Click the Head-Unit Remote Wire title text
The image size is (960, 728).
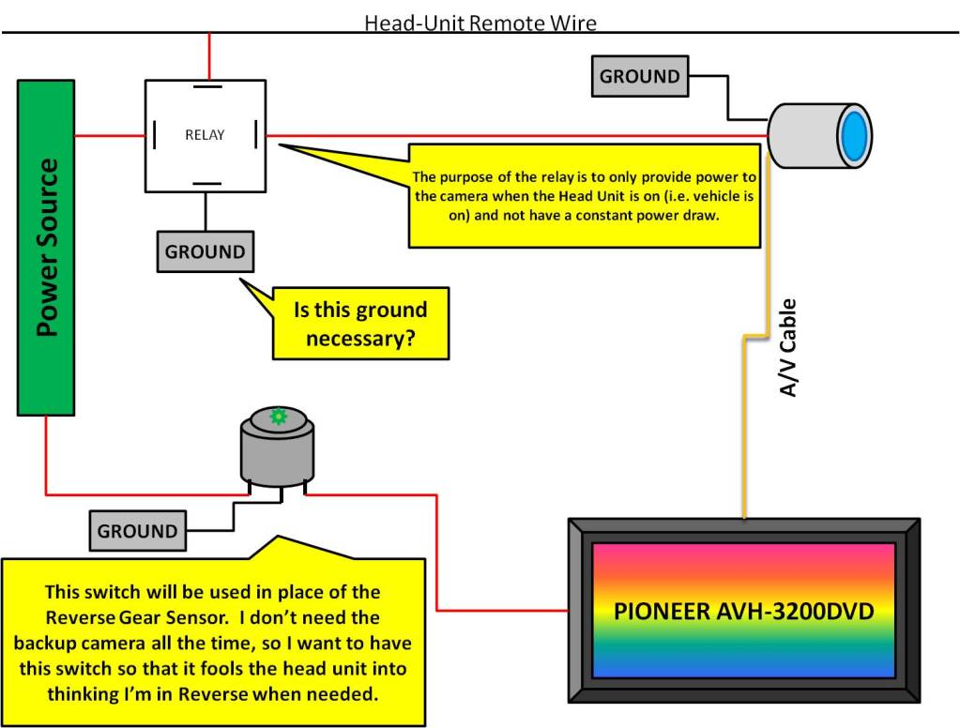(480, 22)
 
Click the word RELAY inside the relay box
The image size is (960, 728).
(205, 135)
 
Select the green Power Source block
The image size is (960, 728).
(46, 248)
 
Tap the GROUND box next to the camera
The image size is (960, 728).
(639, 77)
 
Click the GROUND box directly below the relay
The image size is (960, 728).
(205, 251)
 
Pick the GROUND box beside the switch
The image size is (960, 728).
(137, 531)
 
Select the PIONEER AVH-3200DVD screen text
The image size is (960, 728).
(744, 612)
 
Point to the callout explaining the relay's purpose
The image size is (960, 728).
(584, 195)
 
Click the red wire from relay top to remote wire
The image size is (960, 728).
(209, 56)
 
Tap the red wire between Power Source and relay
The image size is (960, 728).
(109, 136)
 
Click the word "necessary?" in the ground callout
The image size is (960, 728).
(361, 338)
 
